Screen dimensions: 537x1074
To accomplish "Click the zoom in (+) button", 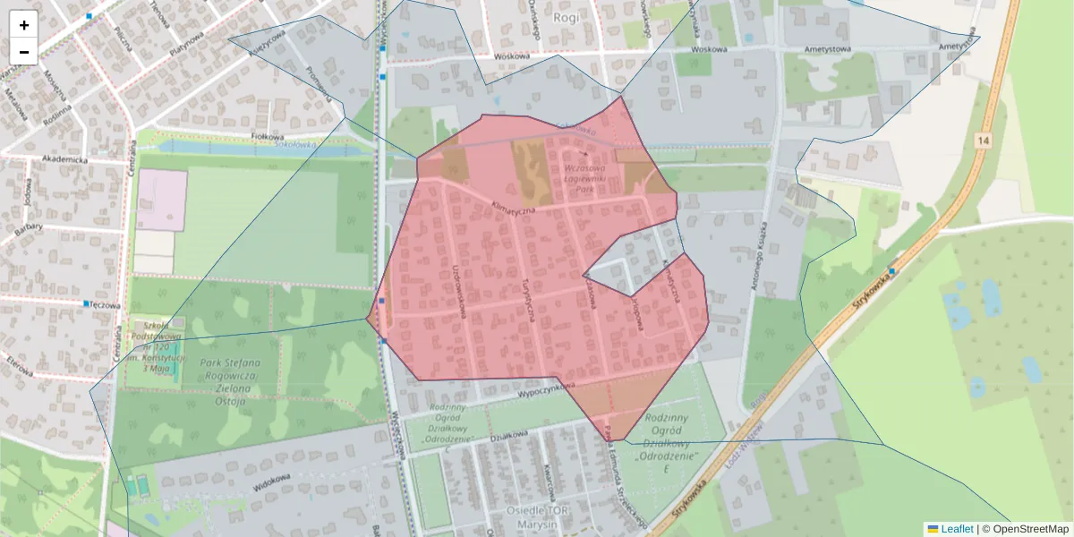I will pyautogui.click(x=24, y=25).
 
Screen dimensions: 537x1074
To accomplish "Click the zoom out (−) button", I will pyautogui.click(x=24, y=52).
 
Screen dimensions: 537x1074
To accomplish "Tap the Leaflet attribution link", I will pyautogui.click(x=956, y=529).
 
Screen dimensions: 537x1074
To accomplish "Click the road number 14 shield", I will pyautogui.click(x=984, y=141).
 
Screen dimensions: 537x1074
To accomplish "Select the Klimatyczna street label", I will pyautogui.click(x=513, y=208).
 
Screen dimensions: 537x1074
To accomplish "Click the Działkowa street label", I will pyautogui.click(x=508, y=437).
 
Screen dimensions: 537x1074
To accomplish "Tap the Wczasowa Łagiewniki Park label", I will pyautogui.click(x=587, y=178).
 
